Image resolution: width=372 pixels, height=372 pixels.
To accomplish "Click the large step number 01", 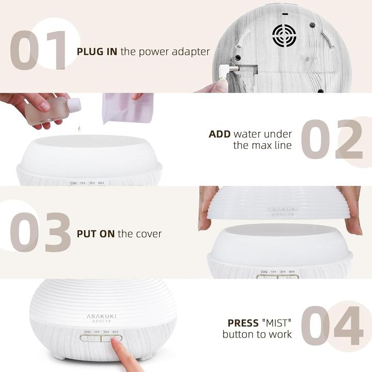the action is click(x=38, y=50).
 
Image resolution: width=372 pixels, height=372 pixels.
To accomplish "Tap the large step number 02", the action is click(x=332, y=139).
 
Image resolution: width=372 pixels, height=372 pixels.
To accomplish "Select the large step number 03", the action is click(x=40, y=233).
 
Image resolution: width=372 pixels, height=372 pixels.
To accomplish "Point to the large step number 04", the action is click(x=332, y=326).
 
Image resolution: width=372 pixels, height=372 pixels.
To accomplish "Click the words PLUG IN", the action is click(x=97, y=52).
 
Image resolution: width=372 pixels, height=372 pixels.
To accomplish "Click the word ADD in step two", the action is click(x=220, y=134).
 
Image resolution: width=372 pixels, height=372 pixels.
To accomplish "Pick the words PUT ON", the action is click(x=96, y=234).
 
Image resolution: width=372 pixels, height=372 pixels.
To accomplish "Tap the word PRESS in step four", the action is click(x=243, y=323).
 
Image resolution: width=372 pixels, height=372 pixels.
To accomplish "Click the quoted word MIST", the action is click(x=276, y=323).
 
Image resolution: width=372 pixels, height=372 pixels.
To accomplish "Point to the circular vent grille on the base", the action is click(x=284, y=36).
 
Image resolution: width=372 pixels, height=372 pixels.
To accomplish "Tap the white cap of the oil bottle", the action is click(x=74, y=105).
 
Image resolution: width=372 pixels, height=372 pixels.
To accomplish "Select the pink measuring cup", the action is click(x=128, y=109).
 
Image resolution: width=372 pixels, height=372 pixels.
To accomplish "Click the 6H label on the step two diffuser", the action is click(x=101, y=183).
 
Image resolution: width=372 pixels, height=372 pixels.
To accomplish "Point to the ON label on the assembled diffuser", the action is click(x=87, y=332).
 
